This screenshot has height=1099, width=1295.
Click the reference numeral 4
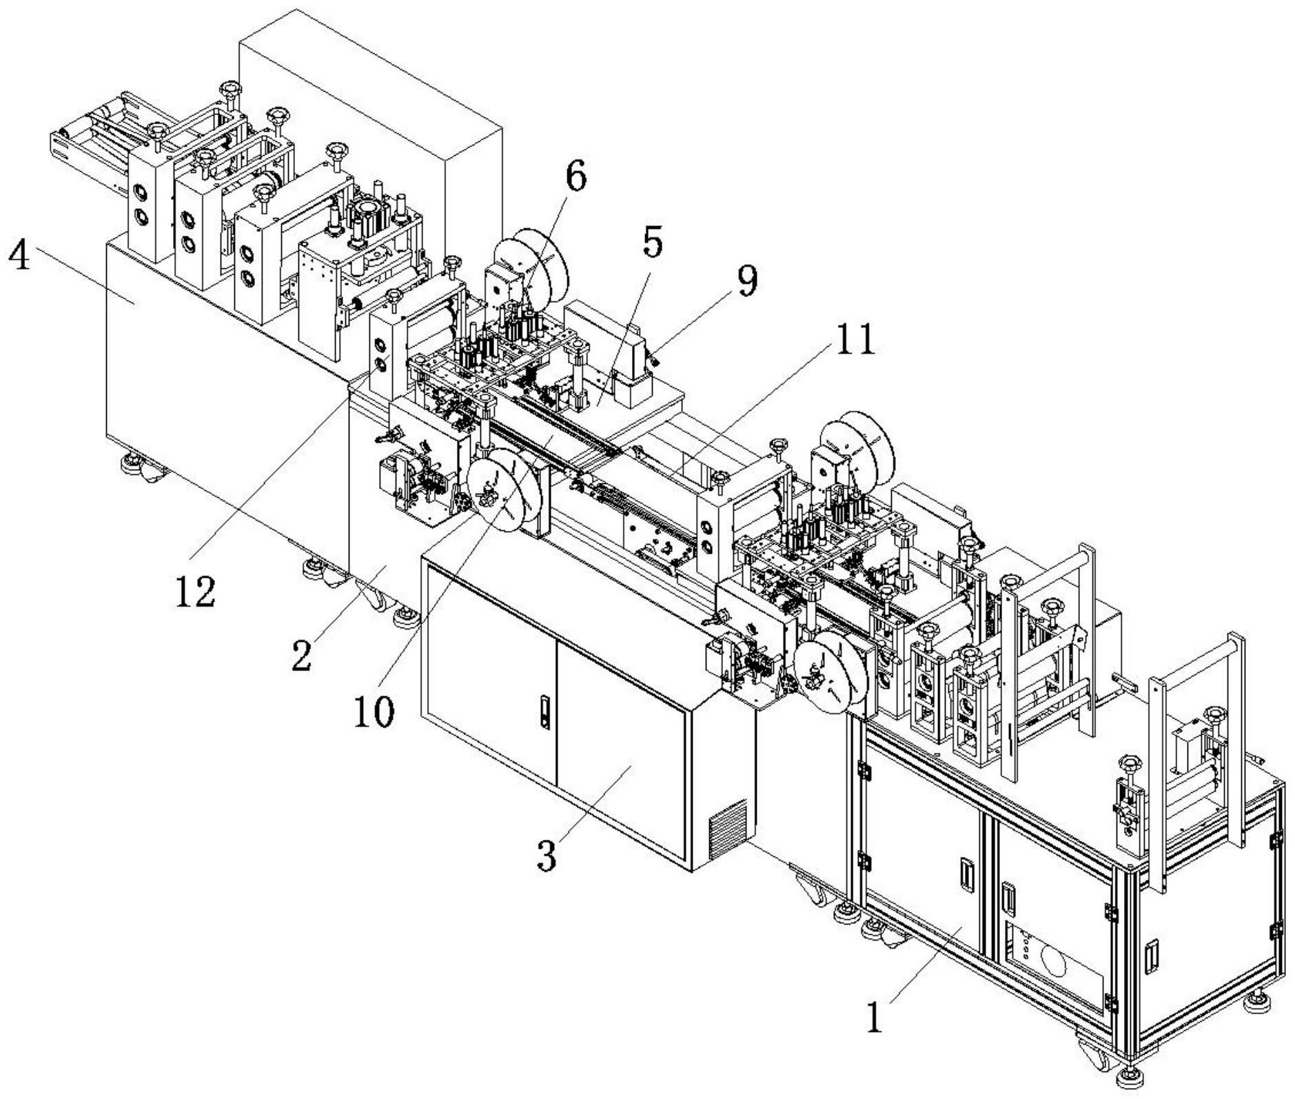(19, 256)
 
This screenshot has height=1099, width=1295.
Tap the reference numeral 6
(576, 177)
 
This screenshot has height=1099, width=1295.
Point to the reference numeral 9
(746, 282)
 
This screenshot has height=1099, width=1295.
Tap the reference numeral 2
(302, 654)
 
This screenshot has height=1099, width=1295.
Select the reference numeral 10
(374, 711)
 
